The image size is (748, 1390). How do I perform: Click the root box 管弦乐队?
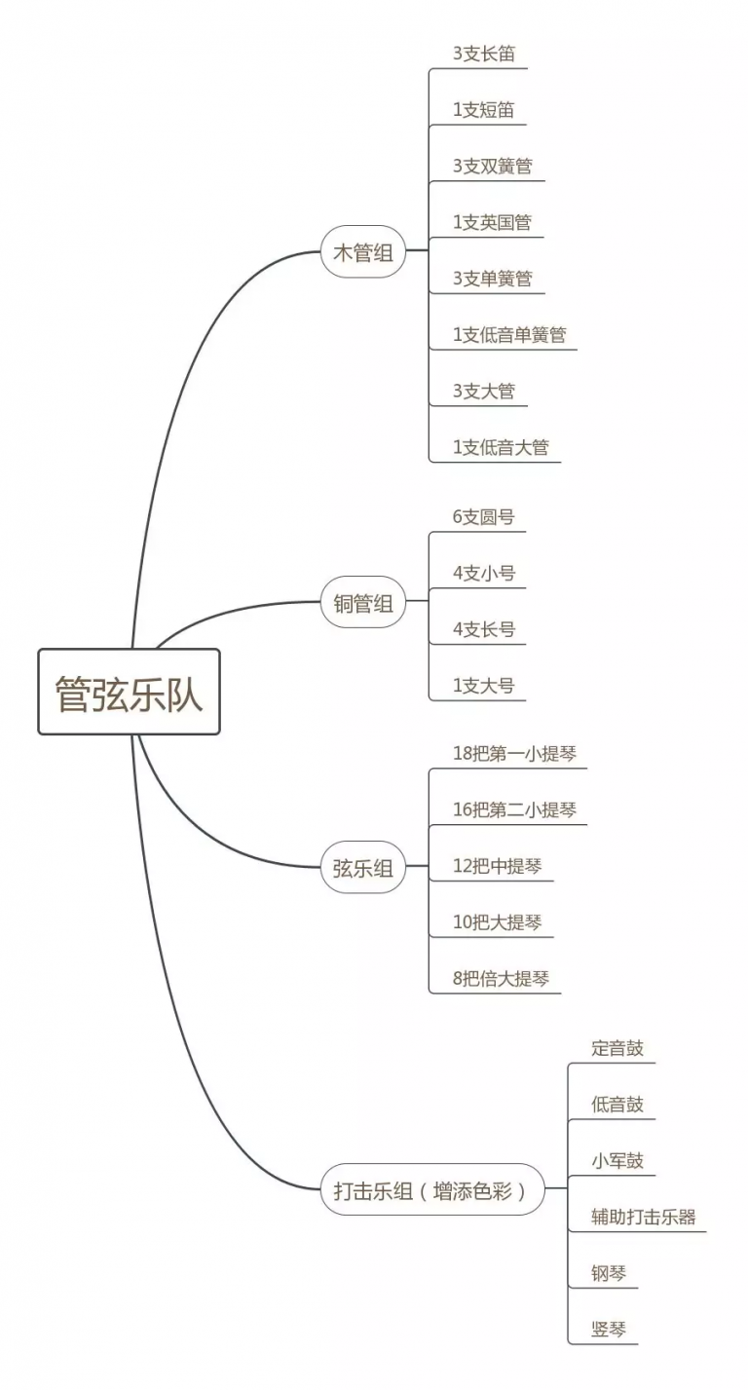129,692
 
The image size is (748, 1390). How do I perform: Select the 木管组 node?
363,252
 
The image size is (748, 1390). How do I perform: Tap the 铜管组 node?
363,602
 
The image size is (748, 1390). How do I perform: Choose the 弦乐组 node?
363,868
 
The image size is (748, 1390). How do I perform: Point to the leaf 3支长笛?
484,54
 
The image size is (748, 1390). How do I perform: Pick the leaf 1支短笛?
484,110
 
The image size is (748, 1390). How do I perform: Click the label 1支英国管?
493,222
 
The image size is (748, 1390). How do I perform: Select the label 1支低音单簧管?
509,335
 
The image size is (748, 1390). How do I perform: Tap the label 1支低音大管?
501,447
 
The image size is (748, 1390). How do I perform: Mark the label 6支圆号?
484,516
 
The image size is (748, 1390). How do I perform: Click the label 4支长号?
484,629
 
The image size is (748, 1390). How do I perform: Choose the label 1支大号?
484,686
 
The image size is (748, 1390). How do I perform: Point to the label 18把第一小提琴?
515,753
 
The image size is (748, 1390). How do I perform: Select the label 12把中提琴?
498,866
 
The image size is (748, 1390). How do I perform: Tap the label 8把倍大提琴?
501,979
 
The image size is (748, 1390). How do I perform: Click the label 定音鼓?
617,1048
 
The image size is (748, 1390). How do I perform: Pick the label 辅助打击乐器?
643,1217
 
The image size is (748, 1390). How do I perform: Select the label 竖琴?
609,1330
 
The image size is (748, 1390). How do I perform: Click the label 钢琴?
609,1273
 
